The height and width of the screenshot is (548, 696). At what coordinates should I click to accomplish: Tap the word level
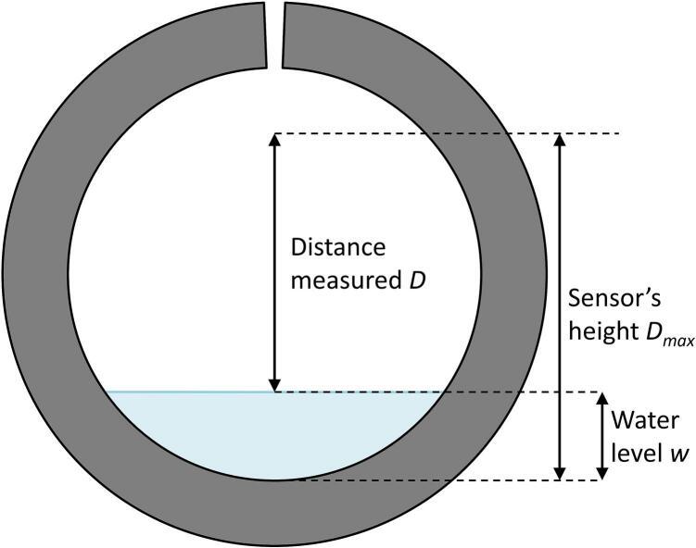(x=629, y=452)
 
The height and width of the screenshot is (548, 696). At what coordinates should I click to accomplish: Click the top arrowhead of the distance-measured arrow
(x=273, y=140)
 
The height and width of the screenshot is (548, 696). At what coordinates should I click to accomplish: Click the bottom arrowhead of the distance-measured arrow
(x=273, y=385)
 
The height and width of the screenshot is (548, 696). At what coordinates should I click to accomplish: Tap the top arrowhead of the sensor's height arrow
(x=558, y=140)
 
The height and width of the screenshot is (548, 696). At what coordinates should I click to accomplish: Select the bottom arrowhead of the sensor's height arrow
(x=558, y=474)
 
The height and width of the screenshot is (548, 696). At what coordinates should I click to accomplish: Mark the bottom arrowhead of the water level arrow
(x=601, y=474)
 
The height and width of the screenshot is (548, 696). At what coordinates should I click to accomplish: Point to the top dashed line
(x=445, y=133)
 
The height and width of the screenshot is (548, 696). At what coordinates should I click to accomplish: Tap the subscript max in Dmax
(x=678, y=341)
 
